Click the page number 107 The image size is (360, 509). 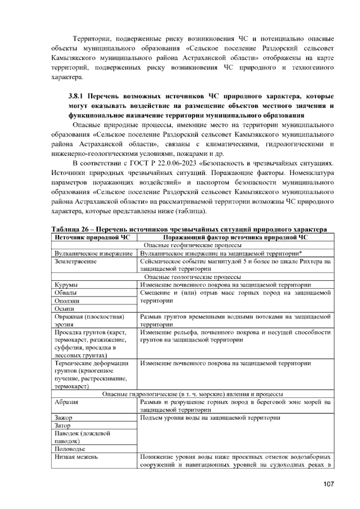point(328,484)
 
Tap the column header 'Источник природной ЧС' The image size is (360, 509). point(93,238)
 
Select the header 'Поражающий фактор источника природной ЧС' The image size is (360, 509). point(235,238)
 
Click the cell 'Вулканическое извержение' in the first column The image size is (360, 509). point(94,254)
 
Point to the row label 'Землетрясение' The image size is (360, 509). point(76,261)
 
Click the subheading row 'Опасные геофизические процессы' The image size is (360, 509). point(193,246)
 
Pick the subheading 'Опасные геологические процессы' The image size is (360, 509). point(193,277)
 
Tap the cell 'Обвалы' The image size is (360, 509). point(66,293)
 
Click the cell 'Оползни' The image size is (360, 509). point(67,301)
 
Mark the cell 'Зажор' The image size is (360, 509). point(63,418)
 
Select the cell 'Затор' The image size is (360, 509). point(63,426)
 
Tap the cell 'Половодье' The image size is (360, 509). point(70,449)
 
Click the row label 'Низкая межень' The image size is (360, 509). point(76,457)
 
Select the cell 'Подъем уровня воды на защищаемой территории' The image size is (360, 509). point(210,418)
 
